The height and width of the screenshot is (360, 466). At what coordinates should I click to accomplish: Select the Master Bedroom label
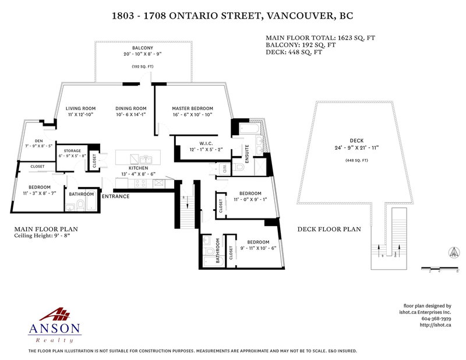coord(192,108)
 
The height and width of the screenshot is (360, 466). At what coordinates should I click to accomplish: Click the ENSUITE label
coord(247,153)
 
